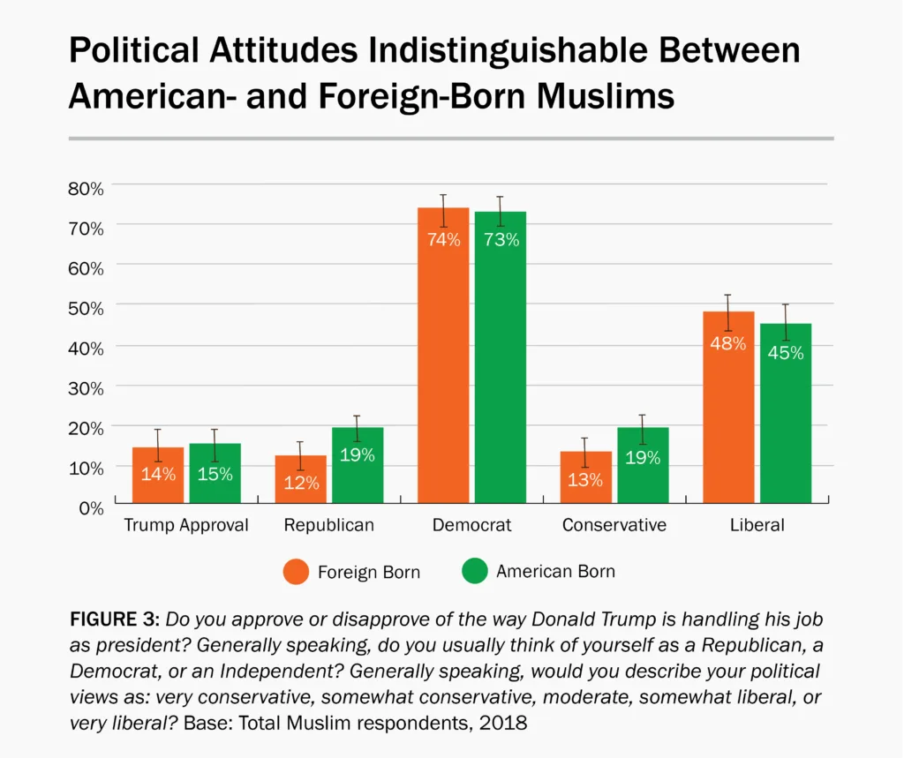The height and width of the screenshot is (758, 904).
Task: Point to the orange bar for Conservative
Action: tap(585, 477)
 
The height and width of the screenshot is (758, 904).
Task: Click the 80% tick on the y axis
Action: tap(86, 188)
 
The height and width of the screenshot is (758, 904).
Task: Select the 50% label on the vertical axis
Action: tap(86, 307)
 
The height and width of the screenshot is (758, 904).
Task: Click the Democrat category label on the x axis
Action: tap(471, 525)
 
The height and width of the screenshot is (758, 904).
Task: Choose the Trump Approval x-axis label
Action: tap(186, 525)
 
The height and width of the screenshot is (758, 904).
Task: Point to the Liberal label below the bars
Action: tap(757, 525)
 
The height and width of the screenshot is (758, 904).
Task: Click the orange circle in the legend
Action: tap(296, 571)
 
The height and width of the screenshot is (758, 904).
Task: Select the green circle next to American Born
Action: tap(474, 571)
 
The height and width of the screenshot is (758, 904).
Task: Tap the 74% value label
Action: tap(443, 239)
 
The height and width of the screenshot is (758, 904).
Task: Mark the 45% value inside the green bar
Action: tap(785, 353)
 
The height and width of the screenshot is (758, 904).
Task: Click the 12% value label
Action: tap(300, 484)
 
